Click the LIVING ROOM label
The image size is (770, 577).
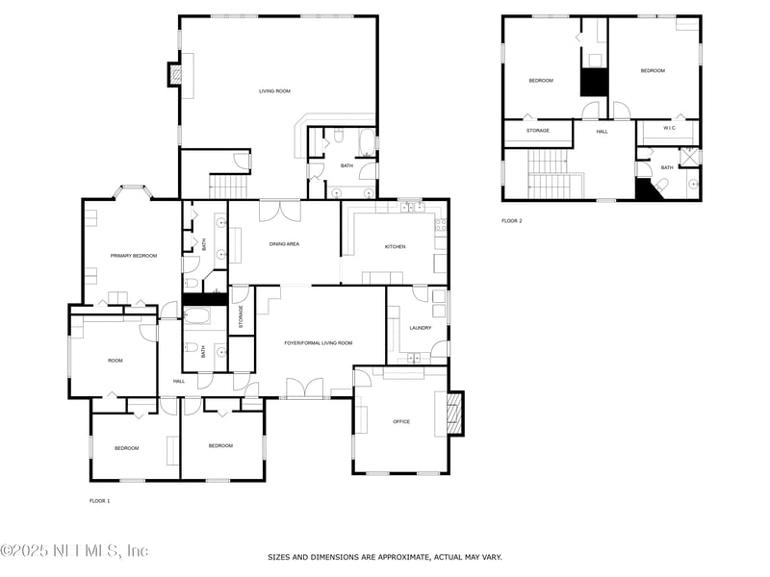[x=274, y=91]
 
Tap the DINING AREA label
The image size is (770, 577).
[x=284, y=244]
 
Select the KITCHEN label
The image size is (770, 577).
[x=395, y=247]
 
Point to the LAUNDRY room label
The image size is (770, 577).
[x=421, y=328]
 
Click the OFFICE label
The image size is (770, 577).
[x=401, y=421]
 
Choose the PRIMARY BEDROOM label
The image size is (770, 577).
[x=134, y=256]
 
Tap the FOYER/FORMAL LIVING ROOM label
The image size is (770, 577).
[x=319, y=343]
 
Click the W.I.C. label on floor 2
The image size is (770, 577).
[x=669, y=128]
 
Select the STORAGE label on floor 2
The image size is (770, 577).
[x=538, y=131]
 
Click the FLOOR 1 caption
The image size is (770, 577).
[x=100, y=501]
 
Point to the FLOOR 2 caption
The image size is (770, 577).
[x=512, y=221]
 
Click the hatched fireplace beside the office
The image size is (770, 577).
[x=455, y=414]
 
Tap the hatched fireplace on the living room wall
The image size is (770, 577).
[x=175, y=75]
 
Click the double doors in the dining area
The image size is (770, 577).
[x=280, y=211]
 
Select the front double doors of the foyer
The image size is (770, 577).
[x=305, y=388]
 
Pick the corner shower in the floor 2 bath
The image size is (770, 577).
[x=689, y=157]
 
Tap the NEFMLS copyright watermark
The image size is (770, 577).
[x=74, y=550]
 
